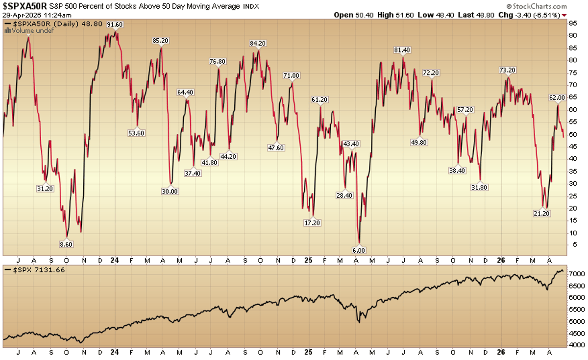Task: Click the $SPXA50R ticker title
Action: pos(24,6)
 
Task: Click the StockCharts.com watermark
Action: pos(537,6)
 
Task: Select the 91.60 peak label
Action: pos(115,24)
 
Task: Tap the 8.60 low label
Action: pos(65,243)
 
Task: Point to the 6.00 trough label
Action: pos(359,249)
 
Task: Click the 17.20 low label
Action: pos(313,222)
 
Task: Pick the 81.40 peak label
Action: pos(402,50)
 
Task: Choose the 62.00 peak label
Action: pos(557,97)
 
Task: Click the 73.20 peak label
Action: pos(507,70)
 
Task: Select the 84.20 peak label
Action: pos(258,43)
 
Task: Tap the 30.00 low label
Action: pos(170,192)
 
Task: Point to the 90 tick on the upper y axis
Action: pos(572,36)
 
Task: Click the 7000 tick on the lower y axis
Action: pos(574,273)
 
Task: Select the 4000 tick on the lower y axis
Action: pos(574,344)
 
